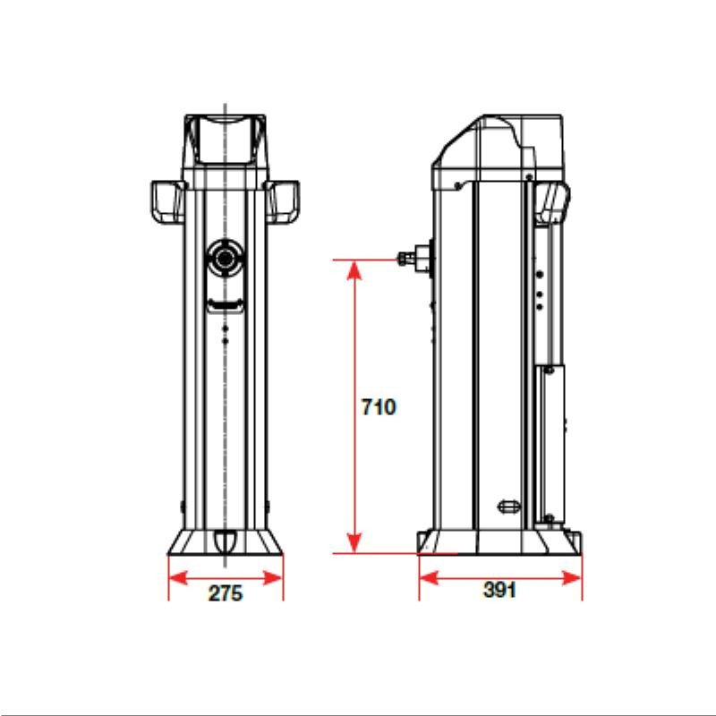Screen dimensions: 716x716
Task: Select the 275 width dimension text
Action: click(x=226, y=593)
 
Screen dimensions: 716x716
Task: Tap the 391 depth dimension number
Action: click(x=500, y=592)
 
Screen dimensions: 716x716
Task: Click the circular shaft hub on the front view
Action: click(x=225, y=259)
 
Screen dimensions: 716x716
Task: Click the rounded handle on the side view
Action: click(x=551, y=204)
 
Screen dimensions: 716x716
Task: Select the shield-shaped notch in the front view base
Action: click(x=225, y=541)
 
